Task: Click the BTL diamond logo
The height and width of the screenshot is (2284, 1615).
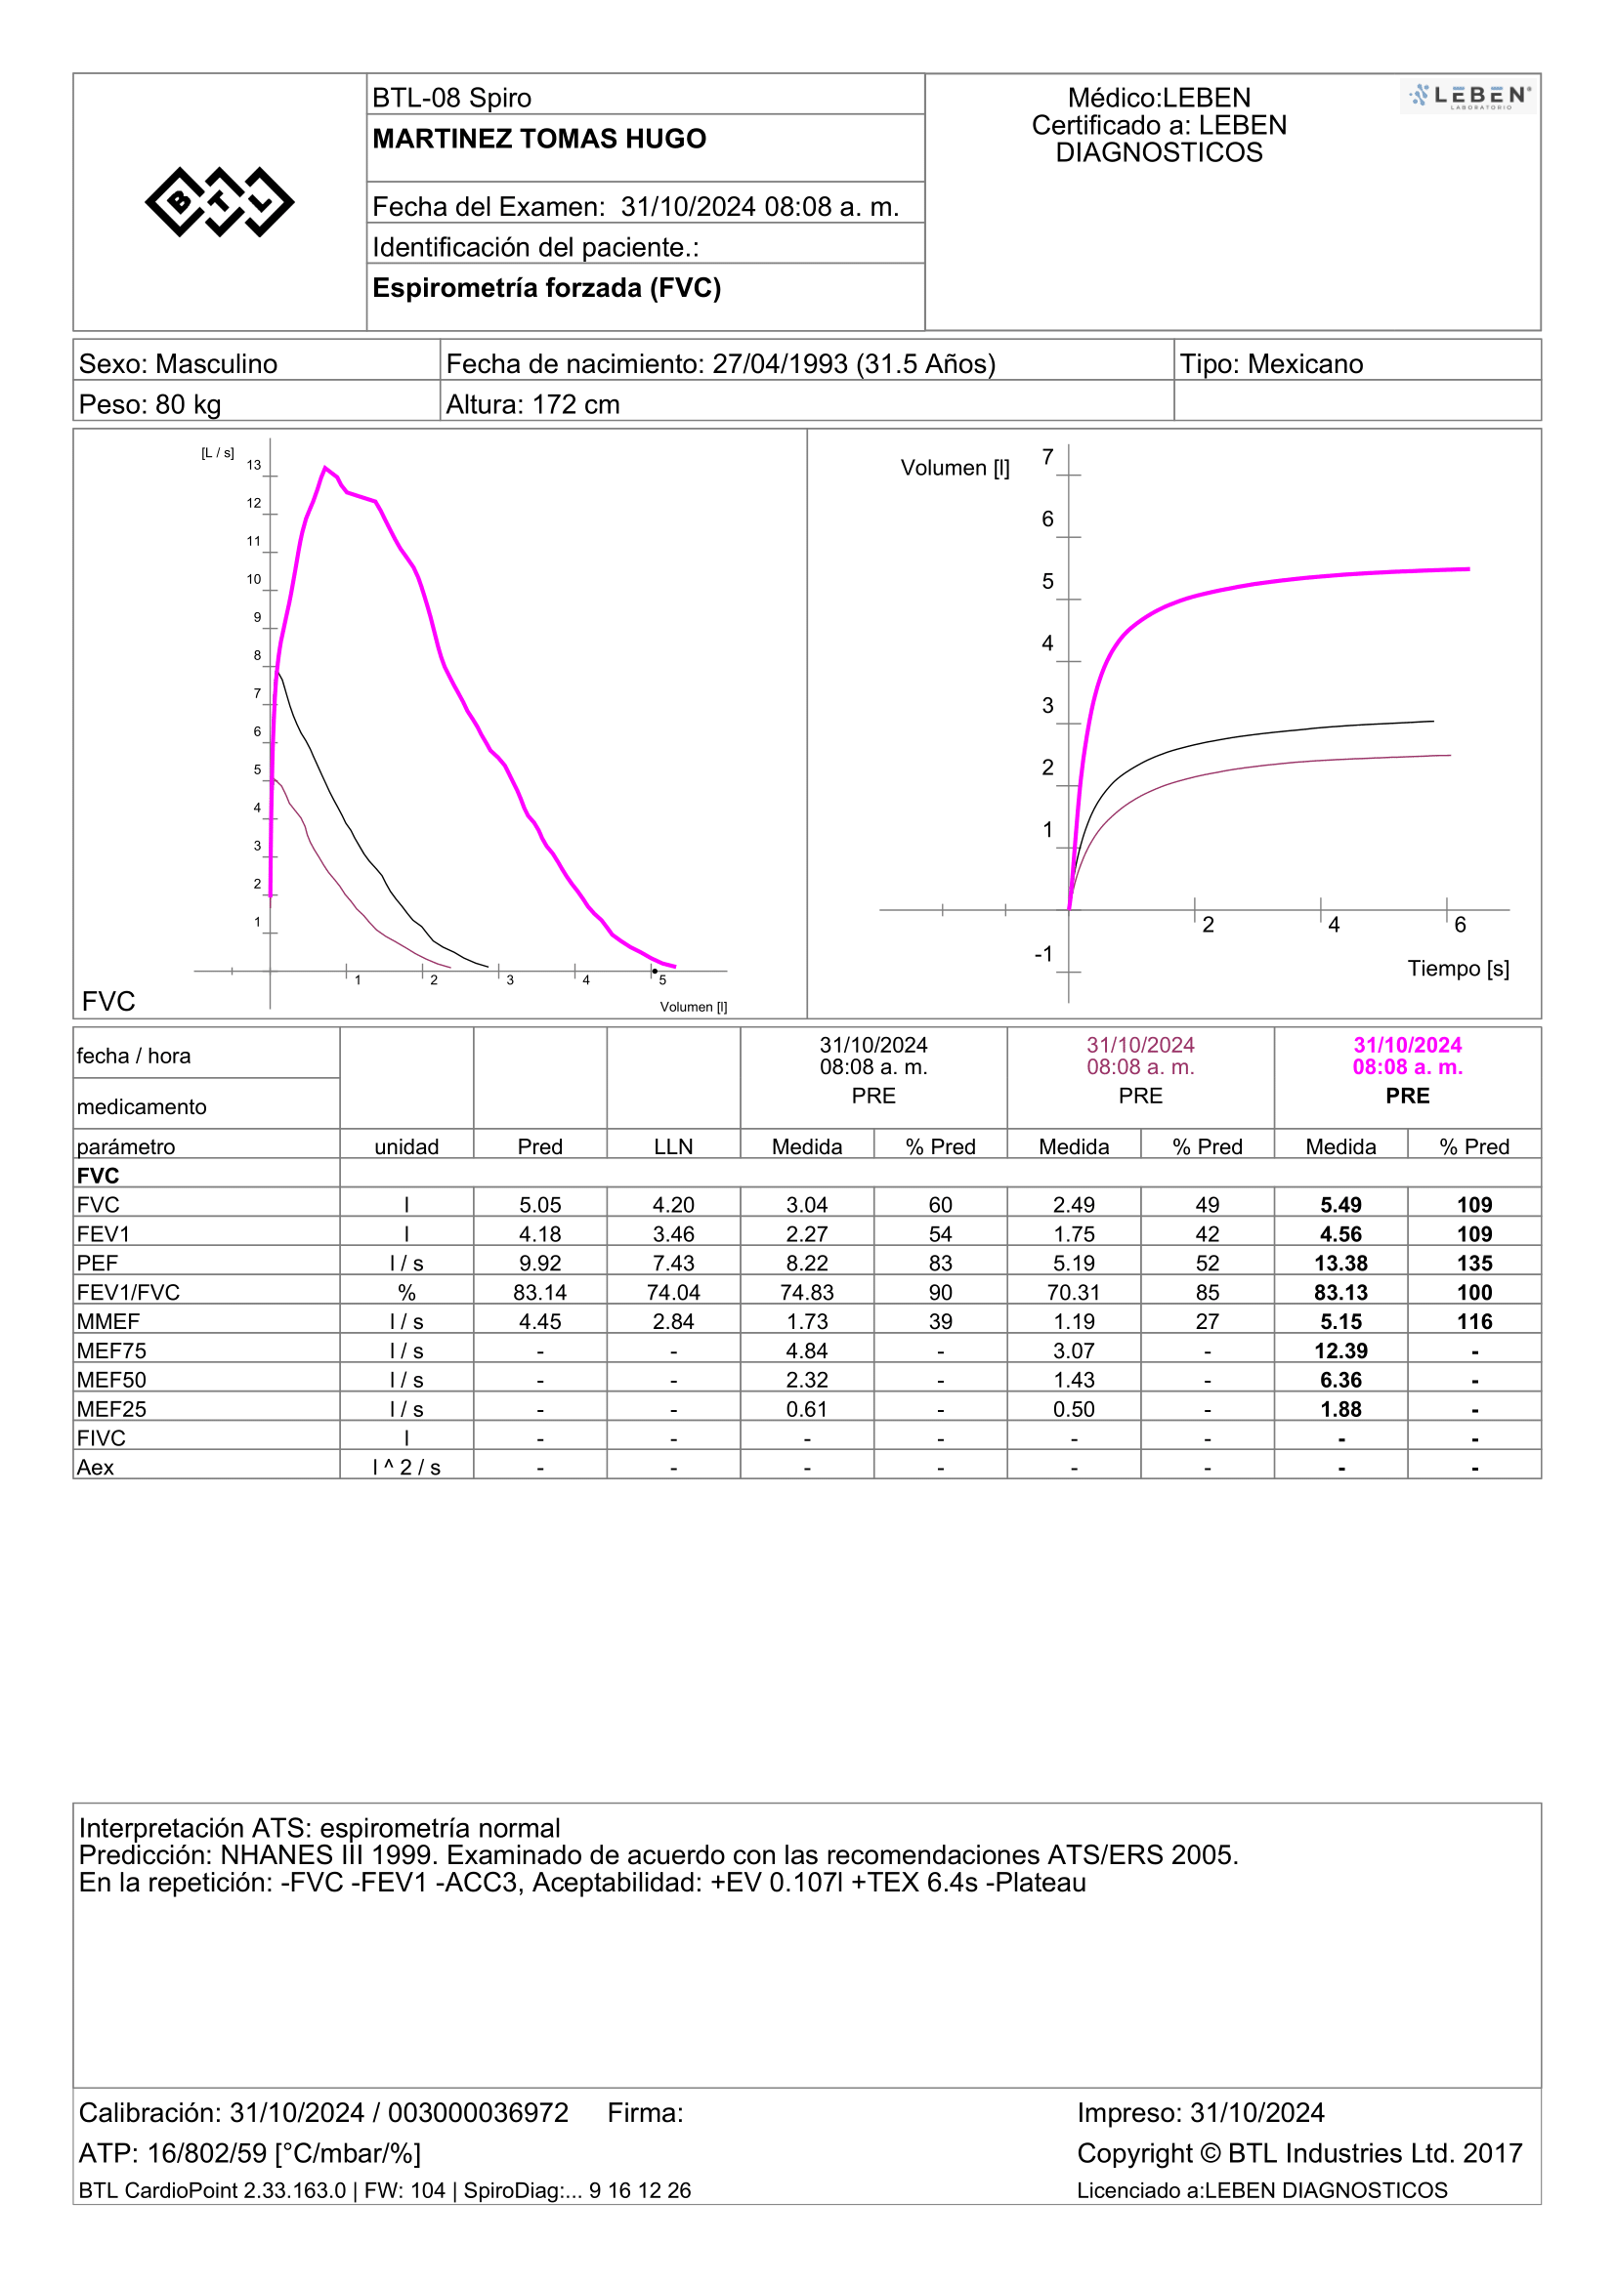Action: click(x=219, y=202)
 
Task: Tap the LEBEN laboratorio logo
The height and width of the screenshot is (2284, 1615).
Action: click(x=1468, y=97)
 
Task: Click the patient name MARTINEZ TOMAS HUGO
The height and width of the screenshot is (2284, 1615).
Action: click(x=539, y=140)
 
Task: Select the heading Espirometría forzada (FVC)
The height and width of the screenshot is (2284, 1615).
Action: click(x=546, y=288)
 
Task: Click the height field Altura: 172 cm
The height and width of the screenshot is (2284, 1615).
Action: click(x=532, y=405)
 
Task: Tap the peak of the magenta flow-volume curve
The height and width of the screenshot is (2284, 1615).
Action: click(x=324, y=467)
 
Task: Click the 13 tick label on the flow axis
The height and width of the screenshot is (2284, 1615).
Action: click(x=254, y=465)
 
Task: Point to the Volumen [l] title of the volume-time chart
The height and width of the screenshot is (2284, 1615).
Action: click(x=955, y=468)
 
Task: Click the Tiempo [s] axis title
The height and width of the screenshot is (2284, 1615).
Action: click(x=1458, y=968)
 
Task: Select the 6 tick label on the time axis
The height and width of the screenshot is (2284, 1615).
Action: click(x=1460, y=925)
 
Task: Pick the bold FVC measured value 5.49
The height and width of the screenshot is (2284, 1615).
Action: click(x=1340, y=1205)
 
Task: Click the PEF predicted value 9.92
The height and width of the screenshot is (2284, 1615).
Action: click(x=540, y=1264)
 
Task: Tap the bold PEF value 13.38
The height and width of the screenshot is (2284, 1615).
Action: click(x=1340, y=1264)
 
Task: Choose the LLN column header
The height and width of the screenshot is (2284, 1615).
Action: click(x=674, y=1147)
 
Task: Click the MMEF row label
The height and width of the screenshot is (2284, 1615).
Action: click(x=107, y=1322)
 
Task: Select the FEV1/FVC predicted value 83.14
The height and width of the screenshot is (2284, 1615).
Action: click(x=540, y=1292)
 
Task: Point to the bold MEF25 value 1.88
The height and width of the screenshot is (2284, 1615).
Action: click(x=1340, y=1410)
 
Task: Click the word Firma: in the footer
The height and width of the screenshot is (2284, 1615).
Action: click(x=646, y=2113)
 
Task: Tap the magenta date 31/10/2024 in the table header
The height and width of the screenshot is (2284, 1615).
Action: click(x=1407, y=1045)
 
